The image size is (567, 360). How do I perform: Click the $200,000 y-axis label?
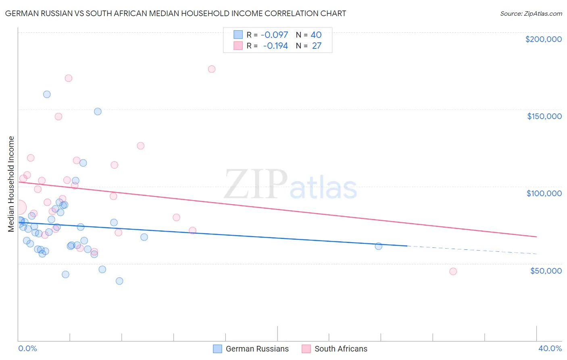tap(543, 39)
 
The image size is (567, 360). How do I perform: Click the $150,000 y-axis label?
tap(544, 116)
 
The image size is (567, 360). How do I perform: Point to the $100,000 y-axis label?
tap(544, 193)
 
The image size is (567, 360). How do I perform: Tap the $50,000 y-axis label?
tap(546, 271)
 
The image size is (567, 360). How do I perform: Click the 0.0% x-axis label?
tap(27, 348)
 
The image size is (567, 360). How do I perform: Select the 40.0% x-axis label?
tap(550, 348)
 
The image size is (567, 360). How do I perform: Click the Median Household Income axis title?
tap(11, 184)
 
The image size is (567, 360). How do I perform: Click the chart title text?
tap(175, 13)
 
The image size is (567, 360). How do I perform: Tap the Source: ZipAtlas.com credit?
tap(531, 13)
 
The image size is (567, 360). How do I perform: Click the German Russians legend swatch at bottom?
tap(217, 349)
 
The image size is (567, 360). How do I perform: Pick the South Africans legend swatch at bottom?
tap(306, 349)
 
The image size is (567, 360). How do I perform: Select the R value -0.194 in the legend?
tap(275, 46)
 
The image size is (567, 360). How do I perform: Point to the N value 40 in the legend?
tap(316, 35)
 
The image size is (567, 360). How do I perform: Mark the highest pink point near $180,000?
tap(212, 69)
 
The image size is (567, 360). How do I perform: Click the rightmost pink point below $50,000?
tap(453, 271)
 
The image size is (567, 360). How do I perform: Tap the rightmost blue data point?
tap(378, 246)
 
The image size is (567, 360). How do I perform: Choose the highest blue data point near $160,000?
tap(47, 94)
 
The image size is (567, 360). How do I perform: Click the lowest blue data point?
tap(119, 281)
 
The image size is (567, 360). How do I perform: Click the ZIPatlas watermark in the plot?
tap(290, 185)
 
